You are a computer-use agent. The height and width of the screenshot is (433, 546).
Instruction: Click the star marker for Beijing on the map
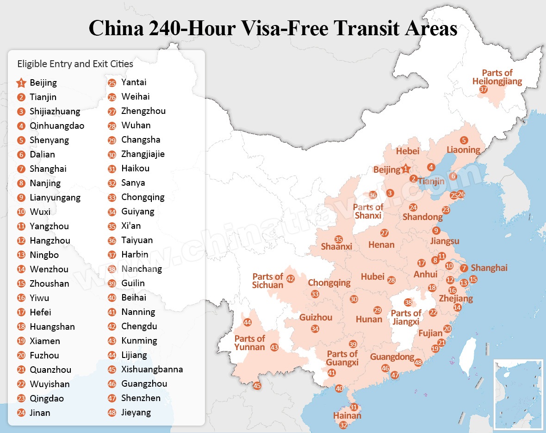click(406, 169)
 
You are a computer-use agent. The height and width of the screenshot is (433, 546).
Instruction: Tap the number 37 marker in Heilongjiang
click(484, 90)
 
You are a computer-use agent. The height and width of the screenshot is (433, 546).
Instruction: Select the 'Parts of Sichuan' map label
click(267, 281)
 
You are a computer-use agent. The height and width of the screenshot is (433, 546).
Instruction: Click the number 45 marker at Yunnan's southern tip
click(257, 386)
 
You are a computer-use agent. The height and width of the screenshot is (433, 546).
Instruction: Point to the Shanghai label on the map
click(489, 268)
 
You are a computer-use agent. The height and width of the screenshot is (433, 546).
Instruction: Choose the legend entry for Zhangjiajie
click(143, 154)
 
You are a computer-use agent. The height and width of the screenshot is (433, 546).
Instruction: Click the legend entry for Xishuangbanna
click(152, 369)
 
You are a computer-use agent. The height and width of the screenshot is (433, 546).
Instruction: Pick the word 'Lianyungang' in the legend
click(55, 197)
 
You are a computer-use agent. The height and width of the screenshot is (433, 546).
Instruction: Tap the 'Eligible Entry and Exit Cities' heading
click(75, 64)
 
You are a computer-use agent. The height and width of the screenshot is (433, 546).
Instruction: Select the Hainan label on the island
click(347, 415)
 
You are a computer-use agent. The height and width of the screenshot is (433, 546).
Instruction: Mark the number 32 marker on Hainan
click(343, 425)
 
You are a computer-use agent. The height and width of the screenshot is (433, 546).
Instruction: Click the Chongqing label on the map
click(329, 282)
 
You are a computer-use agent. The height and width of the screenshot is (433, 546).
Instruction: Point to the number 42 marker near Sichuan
click(291, 279)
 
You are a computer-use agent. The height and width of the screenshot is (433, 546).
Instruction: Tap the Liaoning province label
click(463, 150)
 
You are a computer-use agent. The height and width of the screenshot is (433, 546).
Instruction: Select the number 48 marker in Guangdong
click(418, 363)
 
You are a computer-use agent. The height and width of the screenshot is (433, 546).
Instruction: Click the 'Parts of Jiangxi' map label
click(405, 317)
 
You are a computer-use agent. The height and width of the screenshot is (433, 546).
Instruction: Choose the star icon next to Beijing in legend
click(21, 83)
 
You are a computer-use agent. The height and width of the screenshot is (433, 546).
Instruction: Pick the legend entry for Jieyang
click(136, 412)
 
